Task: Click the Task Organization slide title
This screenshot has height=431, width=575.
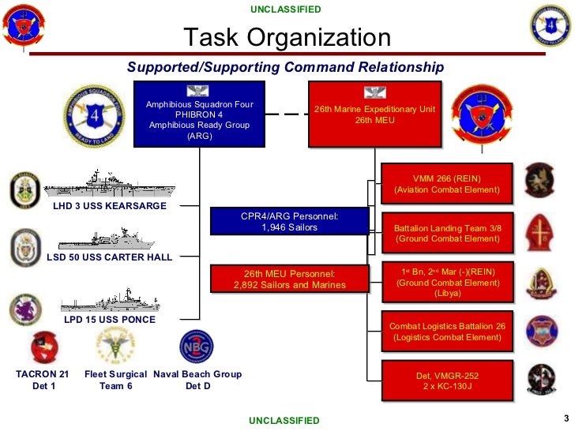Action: [x=287, y=37]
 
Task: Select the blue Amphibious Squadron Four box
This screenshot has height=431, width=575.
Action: [x=199, y=114]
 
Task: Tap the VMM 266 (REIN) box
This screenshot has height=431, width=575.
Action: [x=447, y=183]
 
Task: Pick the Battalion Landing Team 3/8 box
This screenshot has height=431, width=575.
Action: [x=447, y=233]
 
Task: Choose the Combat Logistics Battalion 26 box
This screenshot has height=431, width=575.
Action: [x=447, y=331]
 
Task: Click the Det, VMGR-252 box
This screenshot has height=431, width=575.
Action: [x=447, y=380]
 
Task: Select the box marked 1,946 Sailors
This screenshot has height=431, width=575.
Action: [x=289, y=221]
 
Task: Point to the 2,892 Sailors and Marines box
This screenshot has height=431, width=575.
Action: [x=289, y=279]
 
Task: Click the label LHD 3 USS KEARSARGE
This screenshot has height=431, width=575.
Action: [x=110, y=206]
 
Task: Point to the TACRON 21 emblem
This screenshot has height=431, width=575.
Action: [x=43, y=347]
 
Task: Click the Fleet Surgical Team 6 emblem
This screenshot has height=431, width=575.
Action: [x=115, y=346]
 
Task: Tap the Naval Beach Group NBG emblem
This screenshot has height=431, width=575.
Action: [x=196, y=347]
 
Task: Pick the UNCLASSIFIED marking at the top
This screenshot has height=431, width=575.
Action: [x=286, y=9]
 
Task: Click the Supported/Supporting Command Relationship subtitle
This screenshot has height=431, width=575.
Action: [x=285, y=68]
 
